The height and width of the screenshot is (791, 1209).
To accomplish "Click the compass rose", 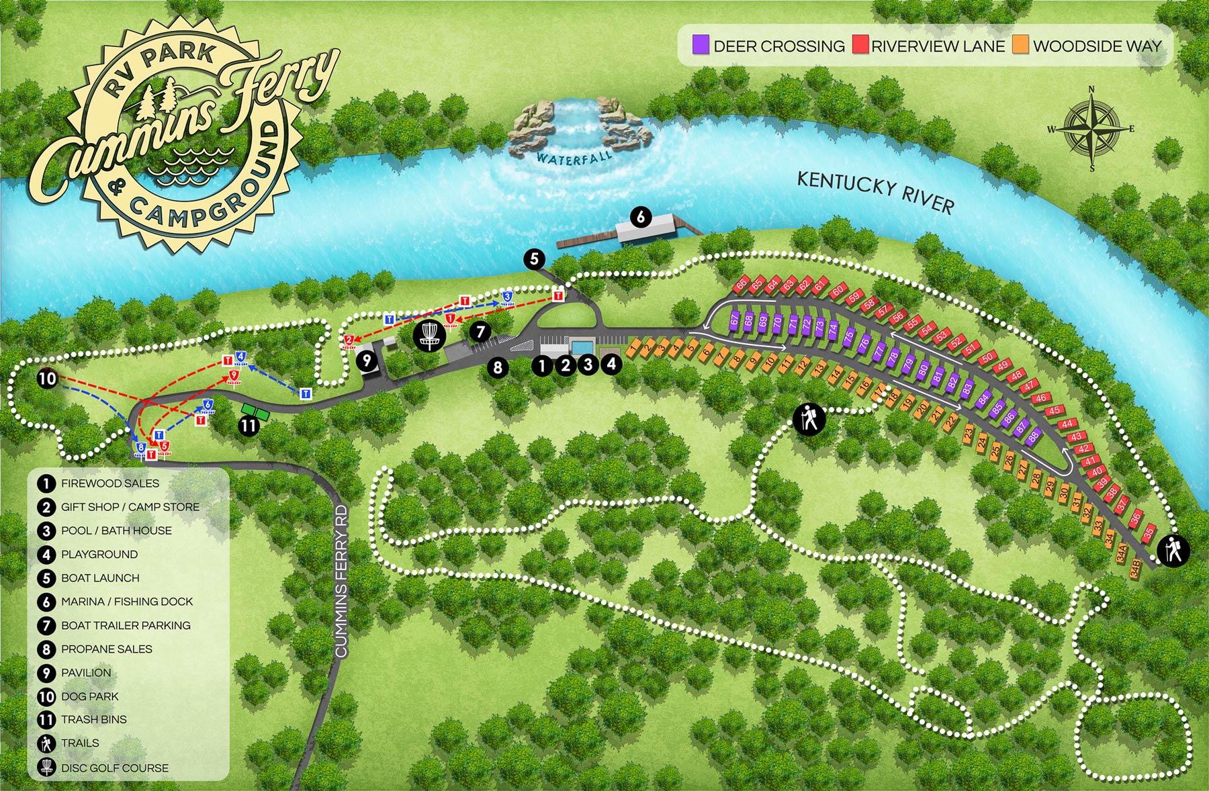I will (1091, 128).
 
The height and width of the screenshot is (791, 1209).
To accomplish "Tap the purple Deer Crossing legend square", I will (701, 45).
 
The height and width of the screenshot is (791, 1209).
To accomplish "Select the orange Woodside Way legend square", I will (1021, 45).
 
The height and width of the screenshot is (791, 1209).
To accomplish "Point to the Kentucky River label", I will (875, 191).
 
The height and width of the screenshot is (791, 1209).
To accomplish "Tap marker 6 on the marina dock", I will (641, 217).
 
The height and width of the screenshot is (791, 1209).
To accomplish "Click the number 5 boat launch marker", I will (534, 259).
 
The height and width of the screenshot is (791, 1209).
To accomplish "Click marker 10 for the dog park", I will (47, 379).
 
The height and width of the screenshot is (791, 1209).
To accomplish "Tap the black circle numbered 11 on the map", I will (249, 426).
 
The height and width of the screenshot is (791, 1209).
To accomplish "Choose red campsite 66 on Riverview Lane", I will (741, 284).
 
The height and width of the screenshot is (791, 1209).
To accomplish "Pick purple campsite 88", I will (1033, 435).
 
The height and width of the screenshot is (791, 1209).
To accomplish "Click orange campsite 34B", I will (1134, 568).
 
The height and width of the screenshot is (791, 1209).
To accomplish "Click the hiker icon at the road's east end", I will (1173, 551).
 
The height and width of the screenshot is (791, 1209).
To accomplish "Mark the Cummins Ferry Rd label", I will (342, 581).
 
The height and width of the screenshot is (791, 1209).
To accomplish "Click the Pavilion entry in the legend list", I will (85, 673).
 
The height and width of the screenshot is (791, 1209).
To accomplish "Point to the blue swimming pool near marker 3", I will (582, 346).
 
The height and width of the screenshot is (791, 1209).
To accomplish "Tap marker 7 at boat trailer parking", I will (480, 331).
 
